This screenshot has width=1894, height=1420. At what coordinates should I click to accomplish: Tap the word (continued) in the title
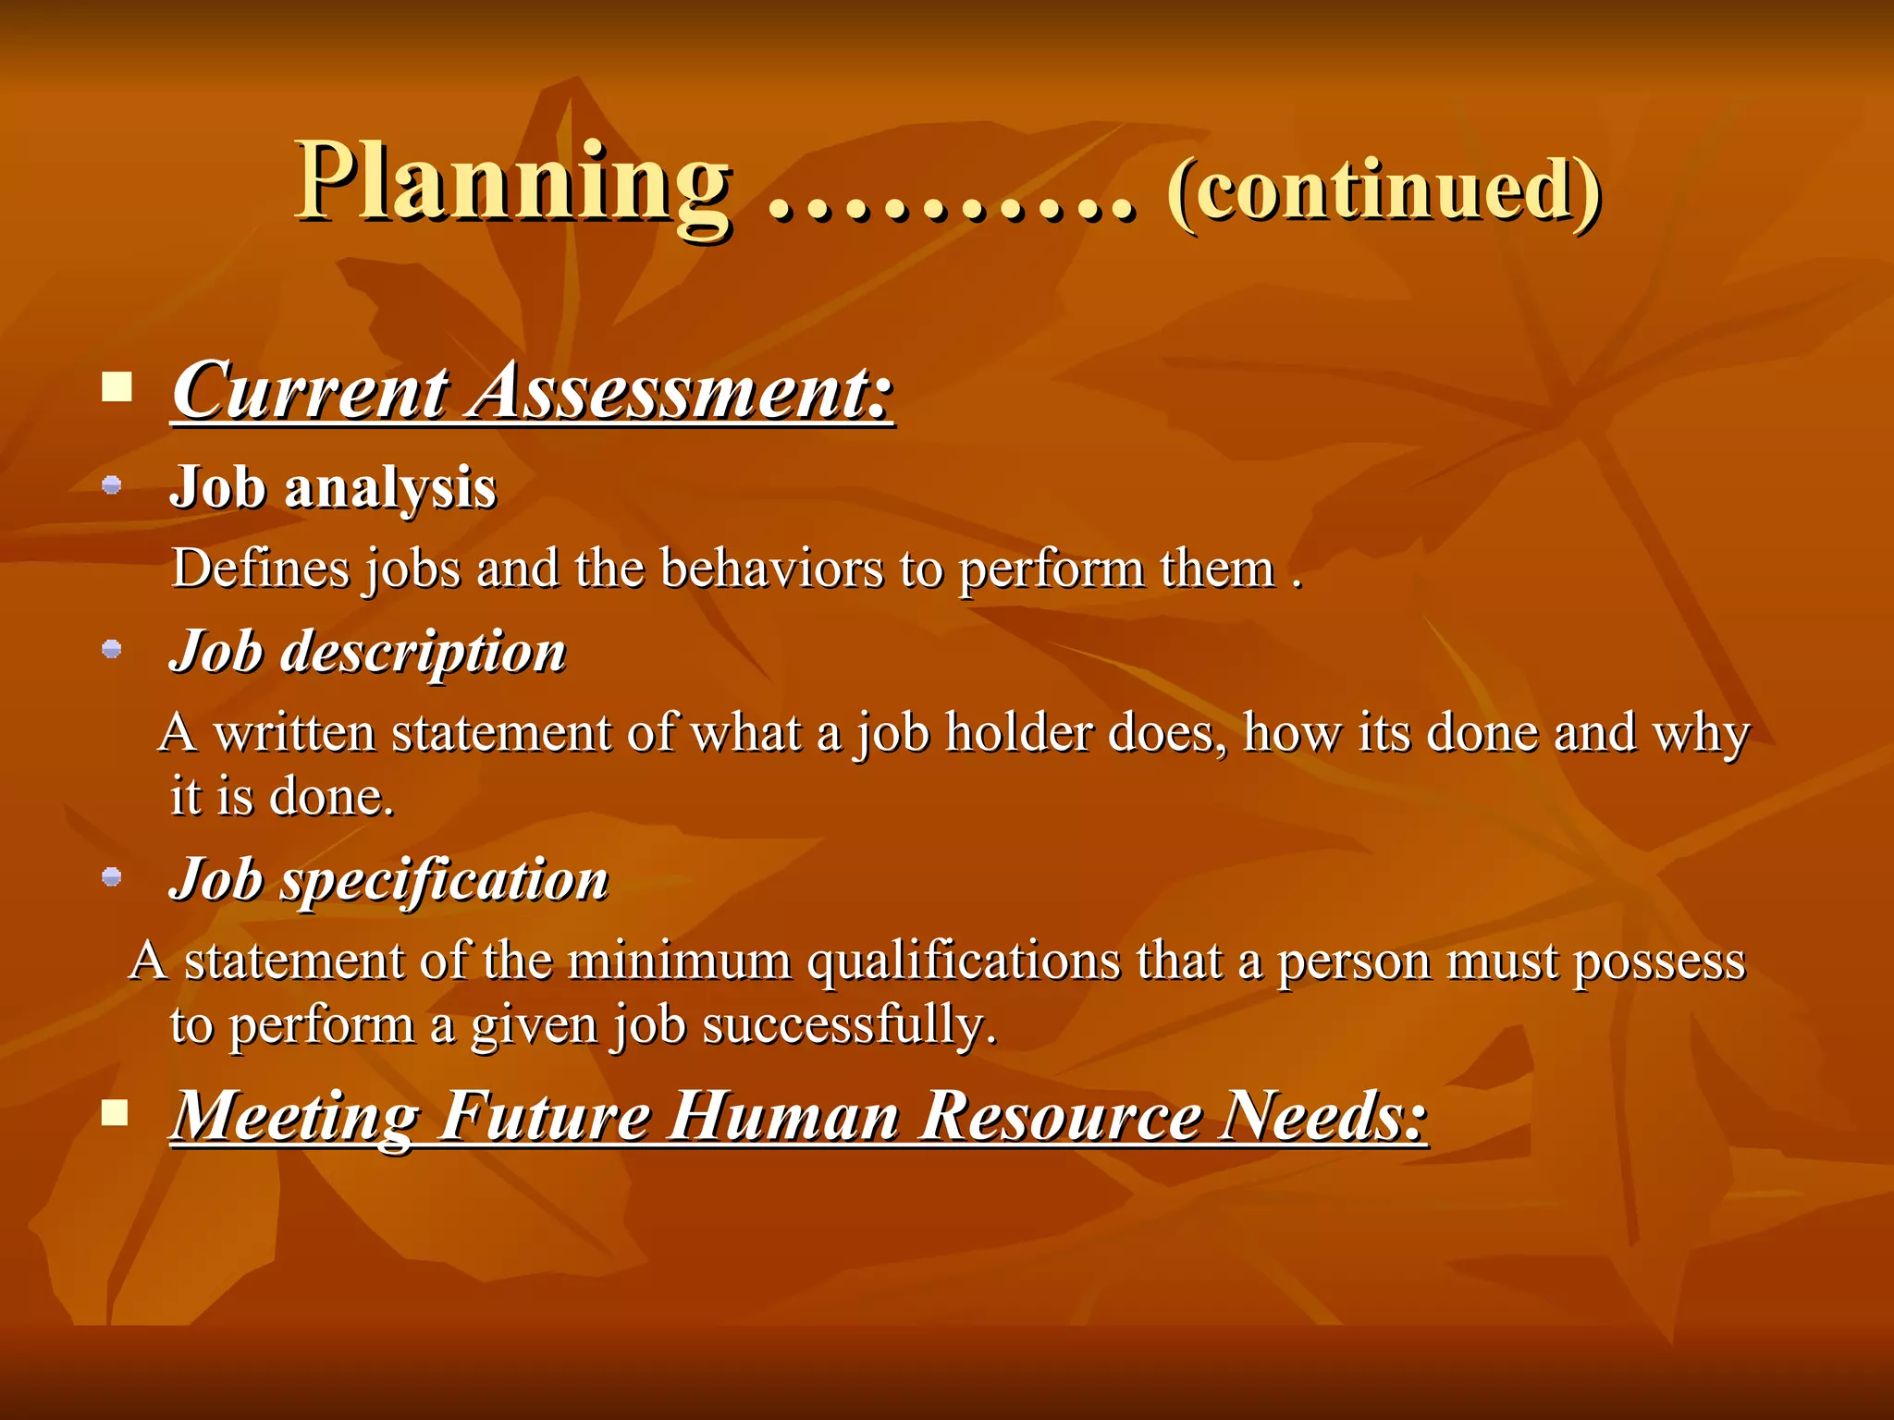(1384, 190)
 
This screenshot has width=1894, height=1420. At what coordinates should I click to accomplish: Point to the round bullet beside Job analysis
(112, 484)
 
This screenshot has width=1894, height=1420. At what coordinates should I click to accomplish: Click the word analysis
(390, 489)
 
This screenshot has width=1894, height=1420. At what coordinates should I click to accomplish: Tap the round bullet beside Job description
(112, 649)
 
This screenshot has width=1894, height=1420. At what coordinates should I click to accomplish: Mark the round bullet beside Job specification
(112, 876)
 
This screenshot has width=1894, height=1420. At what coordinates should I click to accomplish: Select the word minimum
(679, 961)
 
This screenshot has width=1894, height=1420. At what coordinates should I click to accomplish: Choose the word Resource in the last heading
(1063, 1116)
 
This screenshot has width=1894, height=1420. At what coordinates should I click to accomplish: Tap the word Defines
(261, 569)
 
